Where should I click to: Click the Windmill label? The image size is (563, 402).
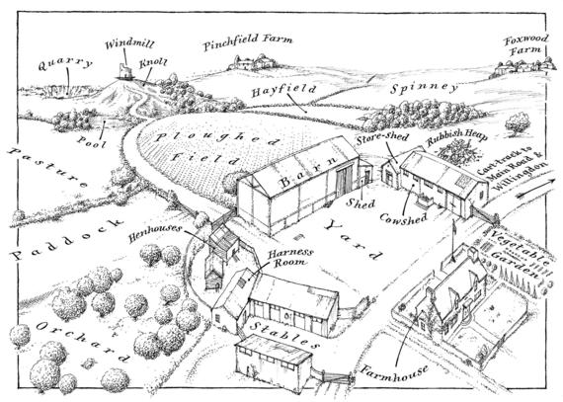(x=129, y=44)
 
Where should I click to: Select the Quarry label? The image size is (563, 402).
(x=65, y=64)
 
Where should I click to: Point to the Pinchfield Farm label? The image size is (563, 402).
(x=247, y=42)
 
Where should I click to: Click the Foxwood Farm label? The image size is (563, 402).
(x=526, y=45)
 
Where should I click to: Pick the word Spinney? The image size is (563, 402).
(x=424, y=88)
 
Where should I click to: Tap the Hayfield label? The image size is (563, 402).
(x=283, y=91)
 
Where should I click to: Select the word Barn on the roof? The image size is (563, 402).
(x=308, y=172)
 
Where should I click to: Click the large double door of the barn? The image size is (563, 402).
(x=344, y=183)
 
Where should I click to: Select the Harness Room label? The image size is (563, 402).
(x=290, y=258)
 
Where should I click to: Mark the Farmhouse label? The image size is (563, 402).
(x=395, y=372)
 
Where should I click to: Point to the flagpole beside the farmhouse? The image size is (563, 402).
(x=453, y=241)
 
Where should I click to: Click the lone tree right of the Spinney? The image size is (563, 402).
(x=518, y=123)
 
